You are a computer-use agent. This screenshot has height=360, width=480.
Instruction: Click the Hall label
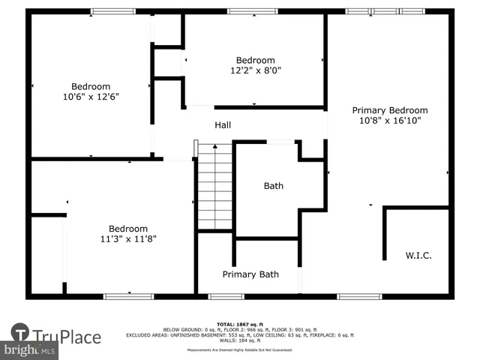tap(223, 125)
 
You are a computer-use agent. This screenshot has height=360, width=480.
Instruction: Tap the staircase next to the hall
tap(215, 187)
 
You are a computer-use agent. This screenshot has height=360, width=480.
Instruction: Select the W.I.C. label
tap(418, 256)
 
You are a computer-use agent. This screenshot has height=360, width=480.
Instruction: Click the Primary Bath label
tap(250, 274)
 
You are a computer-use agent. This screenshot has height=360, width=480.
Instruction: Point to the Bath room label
tap(273, 186)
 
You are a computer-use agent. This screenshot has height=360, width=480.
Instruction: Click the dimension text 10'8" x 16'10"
tap(390, 120)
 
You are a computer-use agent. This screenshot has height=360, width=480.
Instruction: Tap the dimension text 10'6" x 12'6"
tap(91, 97)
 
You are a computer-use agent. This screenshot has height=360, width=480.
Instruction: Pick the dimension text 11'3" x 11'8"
tap(127, 239)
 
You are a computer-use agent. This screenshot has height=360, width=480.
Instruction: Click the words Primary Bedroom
tap(390, 109)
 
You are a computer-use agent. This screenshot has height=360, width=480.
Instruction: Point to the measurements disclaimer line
tap(240, 349)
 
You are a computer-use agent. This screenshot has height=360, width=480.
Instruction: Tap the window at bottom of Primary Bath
tap(226, 296)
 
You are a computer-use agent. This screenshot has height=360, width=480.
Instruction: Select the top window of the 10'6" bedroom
tap(112, 11)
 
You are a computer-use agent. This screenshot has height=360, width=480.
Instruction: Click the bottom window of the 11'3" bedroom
tap(128, 296)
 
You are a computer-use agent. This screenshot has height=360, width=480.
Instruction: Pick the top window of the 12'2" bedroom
tap(252, 11)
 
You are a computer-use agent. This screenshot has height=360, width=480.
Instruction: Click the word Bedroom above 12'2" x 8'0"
tap(255, 60)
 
